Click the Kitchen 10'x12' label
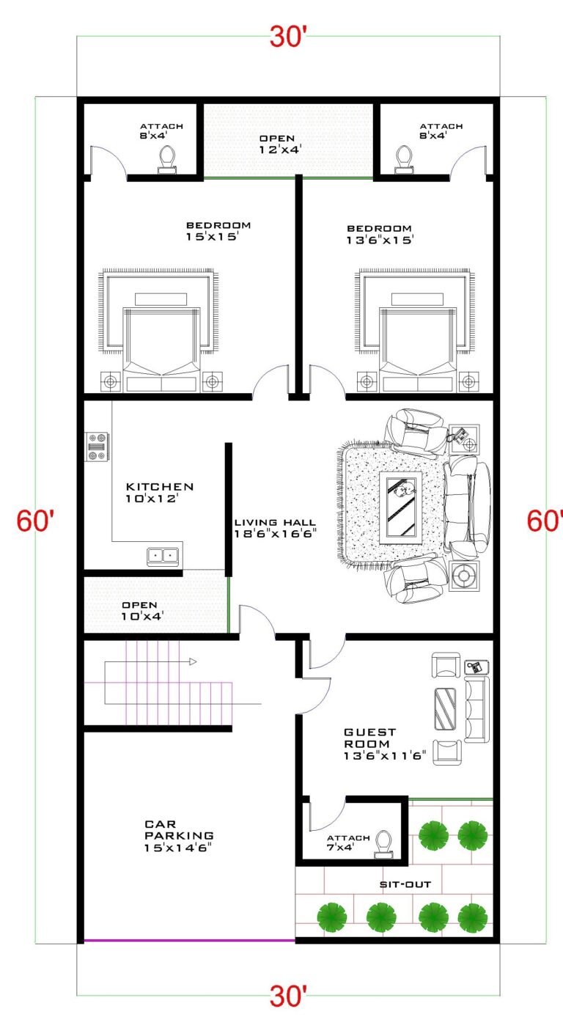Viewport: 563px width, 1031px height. [160, 492]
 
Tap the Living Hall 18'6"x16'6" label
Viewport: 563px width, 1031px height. [275, 528]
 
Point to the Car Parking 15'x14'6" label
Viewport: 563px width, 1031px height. [179, 835]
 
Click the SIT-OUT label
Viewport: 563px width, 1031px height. [405, 884]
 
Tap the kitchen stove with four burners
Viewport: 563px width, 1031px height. [97, 447]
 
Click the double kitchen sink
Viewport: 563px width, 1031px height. [163, 556]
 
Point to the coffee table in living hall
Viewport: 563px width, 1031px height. [401, 508]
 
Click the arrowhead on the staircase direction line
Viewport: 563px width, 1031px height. [193, 662]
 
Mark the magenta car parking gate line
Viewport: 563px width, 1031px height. [189, 940]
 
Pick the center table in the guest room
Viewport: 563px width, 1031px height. [445, 709]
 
